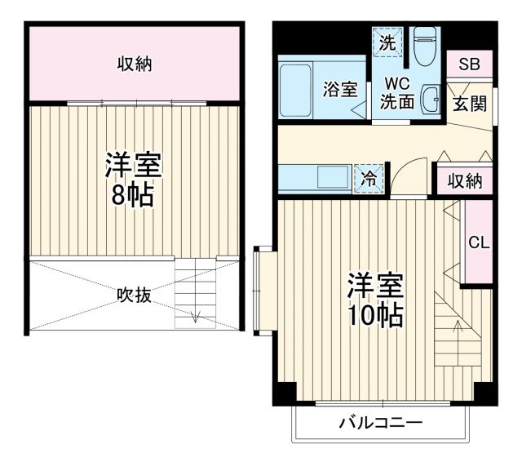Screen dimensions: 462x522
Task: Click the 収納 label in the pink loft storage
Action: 134,64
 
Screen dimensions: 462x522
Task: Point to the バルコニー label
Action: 381,423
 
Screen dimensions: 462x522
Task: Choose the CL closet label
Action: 478,242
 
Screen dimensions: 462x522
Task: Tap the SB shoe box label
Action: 468,65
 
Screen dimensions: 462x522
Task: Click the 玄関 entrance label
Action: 471,104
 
